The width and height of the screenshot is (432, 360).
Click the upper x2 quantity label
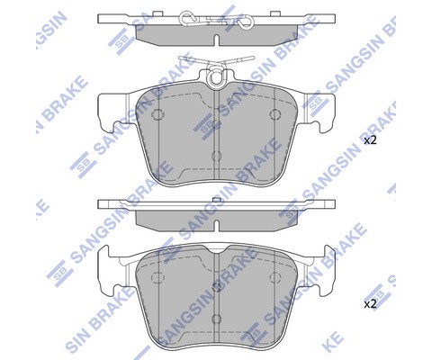(370, 141)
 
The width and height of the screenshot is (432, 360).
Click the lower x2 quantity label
(370, 304)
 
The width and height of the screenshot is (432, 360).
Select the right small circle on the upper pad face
(275, 115)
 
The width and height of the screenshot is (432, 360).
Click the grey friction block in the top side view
(216, 33)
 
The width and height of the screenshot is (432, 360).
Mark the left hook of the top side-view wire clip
(186, 20)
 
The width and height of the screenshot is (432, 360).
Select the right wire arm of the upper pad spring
(238, 64)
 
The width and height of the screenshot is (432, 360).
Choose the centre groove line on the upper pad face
(216, 135)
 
